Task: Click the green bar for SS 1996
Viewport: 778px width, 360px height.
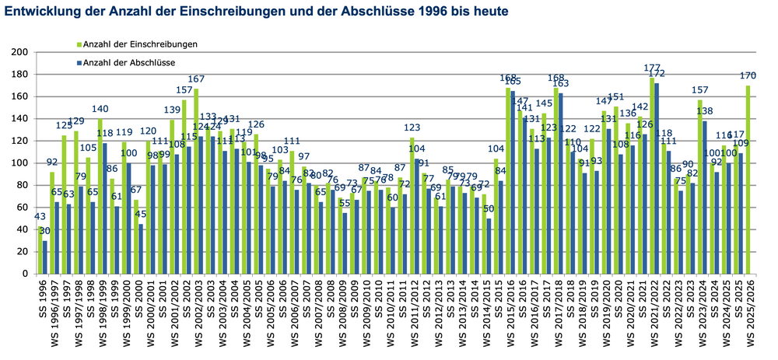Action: click(40, 250)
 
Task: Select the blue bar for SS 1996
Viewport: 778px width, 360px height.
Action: click(45, 257)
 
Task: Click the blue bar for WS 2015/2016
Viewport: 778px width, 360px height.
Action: click(513, 183)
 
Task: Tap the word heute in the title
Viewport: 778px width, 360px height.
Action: click(490, 12)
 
